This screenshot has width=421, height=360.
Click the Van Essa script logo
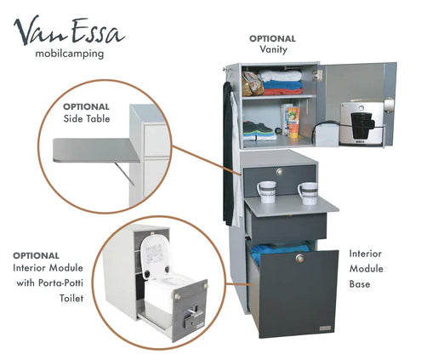click(x=69, y=31)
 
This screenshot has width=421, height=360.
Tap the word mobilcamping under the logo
click(x=70, y=54)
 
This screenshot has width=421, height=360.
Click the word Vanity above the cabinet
click(x=273, y=49)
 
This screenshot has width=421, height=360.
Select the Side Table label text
click(x=87, y=118)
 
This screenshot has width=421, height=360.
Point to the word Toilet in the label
click(x=71, y=298)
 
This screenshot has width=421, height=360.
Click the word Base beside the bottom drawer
click(x=360, y=284)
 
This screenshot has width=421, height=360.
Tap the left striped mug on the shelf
click(x=266, y=191)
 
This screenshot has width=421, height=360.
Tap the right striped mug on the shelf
click(x=308, y=193)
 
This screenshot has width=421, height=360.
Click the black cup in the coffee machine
click(x=362, y=125)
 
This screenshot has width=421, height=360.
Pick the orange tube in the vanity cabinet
click(x=293, y=122)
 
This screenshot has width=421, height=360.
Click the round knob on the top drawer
click(x=280, y=172)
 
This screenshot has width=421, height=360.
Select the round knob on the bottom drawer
click(x=300, y=258)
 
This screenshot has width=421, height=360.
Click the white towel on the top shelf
click(x=280, y=76)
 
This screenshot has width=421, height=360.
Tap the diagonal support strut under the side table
click(x=125, y=174)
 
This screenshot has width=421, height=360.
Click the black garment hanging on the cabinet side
click(x=228, y=153)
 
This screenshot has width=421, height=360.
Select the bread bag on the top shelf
click(x=253, y=83)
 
